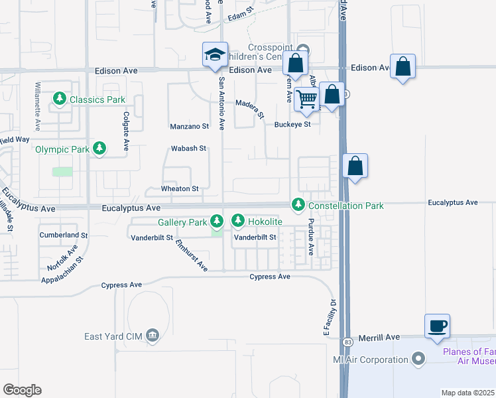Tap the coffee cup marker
437,326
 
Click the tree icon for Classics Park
60,99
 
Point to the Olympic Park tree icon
99,149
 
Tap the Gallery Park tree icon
216,220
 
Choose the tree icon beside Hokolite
238,220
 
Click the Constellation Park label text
346,206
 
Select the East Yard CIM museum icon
154,336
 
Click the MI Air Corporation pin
418,360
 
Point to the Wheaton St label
180,189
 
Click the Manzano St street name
189,125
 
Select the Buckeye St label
292,124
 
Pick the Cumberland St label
63,235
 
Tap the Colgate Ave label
125,131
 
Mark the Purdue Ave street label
310,237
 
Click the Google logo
22,390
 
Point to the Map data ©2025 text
467,393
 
